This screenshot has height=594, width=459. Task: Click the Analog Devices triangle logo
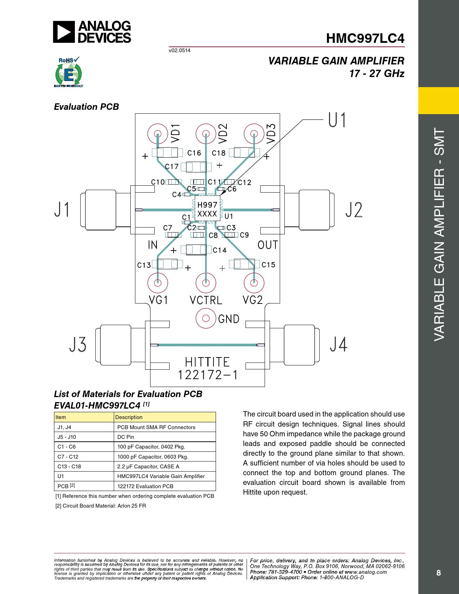(64, 32)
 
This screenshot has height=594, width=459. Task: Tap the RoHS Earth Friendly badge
(69, 72)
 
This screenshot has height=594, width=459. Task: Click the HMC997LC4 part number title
(365, 38)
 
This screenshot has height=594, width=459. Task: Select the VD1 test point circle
(158, 134)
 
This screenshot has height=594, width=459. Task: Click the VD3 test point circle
(254, 134)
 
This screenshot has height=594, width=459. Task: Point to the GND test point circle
(206, 318)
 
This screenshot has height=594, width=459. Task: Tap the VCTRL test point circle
(206, 283)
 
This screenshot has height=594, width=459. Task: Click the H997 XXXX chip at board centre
(207, 209)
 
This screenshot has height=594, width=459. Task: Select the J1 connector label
(62, 210)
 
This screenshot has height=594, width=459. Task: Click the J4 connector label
(339, 345)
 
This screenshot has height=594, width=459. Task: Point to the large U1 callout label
(337, 120)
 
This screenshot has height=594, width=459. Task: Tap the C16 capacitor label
(194, 153)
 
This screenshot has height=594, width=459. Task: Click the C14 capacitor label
(220, 250)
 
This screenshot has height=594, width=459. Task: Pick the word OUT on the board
(267, 245)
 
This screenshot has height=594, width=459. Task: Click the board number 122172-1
(207, 375)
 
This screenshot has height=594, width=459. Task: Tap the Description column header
(129, 417)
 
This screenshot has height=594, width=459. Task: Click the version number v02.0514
(180, 50)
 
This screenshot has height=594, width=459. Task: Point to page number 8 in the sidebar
(438, 573)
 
